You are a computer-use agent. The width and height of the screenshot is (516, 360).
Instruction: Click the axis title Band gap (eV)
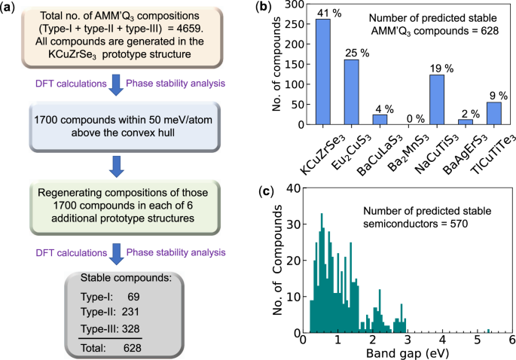406,353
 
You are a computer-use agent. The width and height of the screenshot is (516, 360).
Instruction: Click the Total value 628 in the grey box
133,349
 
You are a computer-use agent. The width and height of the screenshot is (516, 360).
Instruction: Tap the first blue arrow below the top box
115,82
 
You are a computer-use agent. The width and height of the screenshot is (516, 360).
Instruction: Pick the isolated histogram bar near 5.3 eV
488,330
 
